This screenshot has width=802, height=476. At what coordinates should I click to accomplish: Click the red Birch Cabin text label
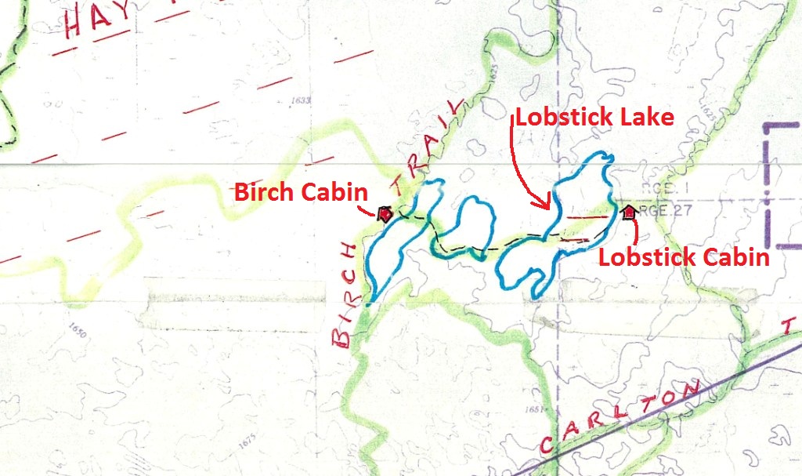[x=302, y=192]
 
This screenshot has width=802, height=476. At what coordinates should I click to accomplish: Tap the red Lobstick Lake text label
[x=593, y=118]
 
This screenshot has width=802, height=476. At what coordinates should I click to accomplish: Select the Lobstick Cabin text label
[x=685, y=257]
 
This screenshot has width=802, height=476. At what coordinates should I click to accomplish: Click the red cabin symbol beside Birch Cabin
[x=385, y=213]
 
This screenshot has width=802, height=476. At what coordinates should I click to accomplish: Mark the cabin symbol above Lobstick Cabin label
[x=628, y=211]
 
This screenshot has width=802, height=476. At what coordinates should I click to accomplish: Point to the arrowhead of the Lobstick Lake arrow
[x=549, y=207]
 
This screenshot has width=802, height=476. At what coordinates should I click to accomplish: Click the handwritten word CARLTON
[x=619, y=416]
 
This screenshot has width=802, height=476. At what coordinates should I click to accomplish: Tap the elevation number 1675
[x=247, y=442]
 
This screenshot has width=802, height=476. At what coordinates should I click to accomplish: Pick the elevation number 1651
[x=535, y=409]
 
